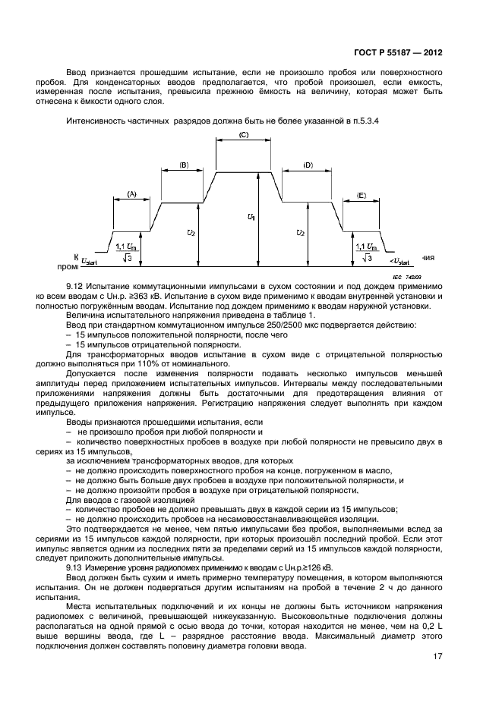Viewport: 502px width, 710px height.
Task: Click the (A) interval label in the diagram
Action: pyautogui.click(x=131, y=194)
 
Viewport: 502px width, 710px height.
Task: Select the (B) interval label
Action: pyautogui.click(x=183, y=165)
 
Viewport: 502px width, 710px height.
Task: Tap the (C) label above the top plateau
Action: pyautogui.click(x=244, y=135)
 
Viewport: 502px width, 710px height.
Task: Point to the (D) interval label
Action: pyautogui.click(x=308, y=165)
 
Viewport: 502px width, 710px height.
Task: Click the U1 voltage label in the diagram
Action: pyautogui.click(x=251, y=218)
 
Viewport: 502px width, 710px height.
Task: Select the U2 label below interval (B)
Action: pyautogui.click(x=193, y=233)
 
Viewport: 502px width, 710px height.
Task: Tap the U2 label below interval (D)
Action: pyautogui.click(x=301, y=233)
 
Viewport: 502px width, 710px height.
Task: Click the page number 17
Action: pyautogui.click(x=437, y=657)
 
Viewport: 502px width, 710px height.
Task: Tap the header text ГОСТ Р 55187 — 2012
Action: pyautogui.click(x=398, y=54)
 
